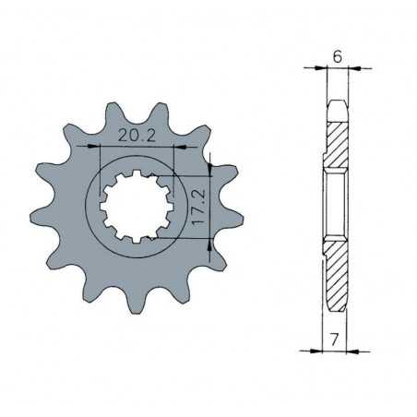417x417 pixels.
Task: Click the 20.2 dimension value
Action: (137, 136)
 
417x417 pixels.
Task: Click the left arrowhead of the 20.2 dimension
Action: (92, 147)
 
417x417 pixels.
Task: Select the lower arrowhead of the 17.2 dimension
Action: (210, 240)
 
